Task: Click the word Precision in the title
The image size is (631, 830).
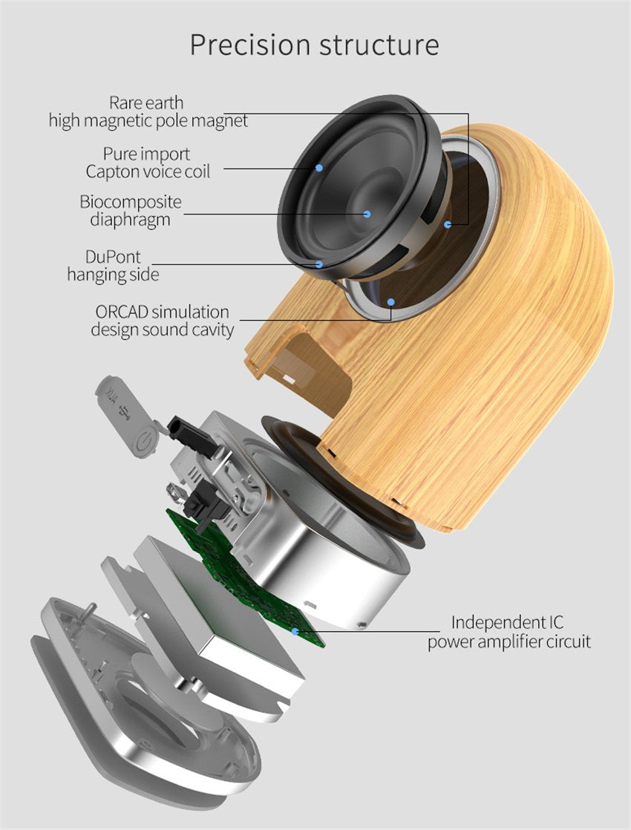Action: (x=251, y=45)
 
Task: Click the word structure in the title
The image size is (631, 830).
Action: (x=379, y=45)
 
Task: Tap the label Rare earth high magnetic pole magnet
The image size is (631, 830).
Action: (x=148, y=111)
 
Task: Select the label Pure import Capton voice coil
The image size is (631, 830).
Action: (x=148, y=163)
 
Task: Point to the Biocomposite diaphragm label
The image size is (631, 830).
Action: (x=131, y=211)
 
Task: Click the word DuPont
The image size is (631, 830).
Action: (x=113, y=257)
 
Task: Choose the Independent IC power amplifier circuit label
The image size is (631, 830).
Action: (x=509, y=632)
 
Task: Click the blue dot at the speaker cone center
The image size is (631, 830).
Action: (x=367, y=215)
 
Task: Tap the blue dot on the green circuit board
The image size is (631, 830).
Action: (x=295, y=631)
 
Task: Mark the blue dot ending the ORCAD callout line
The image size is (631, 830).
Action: (x=390, y=302)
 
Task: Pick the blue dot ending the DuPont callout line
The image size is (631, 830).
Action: (x=318, y=264)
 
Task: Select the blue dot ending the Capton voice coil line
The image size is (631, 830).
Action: (x=319, y=168)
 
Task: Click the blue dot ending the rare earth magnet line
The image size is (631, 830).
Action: (x=448, y=224)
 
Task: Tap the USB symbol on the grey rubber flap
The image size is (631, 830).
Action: (x=125, y=412)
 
